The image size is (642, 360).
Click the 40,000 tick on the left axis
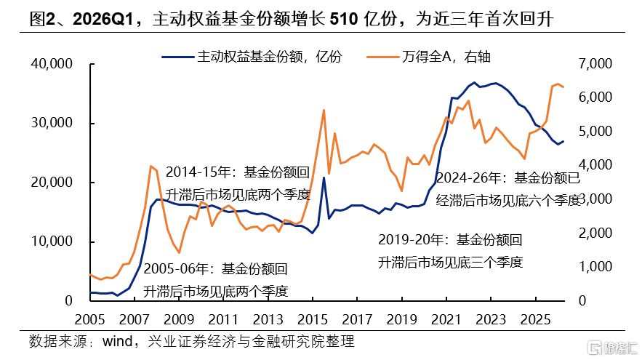click(x=52, y=63)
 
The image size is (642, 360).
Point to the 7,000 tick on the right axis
click(x=595, y=63)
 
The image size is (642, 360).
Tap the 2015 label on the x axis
click(x=313, y=319)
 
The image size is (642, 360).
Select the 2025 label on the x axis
click(x=536, y=319)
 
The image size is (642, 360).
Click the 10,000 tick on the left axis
click(x=52, y=241)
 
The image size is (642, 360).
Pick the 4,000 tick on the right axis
click(x=595, y=164)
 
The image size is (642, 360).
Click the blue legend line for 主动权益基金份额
click(x=177, y=57)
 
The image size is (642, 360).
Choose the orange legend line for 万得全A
click(x=383, y=57)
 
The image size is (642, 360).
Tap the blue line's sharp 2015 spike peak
click(x=324, y=177)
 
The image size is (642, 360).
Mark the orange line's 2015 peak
click(x=324, y=110)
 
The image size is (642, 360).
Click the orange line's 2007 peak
click(x=151, y=166)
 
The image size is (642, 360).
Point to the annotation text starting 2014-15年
click(x=238, y=183)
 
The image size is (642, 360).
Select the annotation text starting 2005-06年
click(x=216, y=280)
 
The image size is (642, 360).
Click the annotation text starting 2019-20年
click(x=450, y=251)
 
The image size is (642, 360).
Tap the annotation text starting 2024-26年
click(x=508, y=189)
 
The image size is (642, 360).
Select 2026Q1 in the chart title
click(x=103, y=19)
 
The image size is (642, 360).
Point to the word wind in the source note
click(x=117, y=341)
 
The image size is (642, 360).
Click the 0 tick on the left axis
click(x=69, y=300)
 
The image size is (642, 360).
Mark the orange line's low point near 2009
click(x=179, y=252)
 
